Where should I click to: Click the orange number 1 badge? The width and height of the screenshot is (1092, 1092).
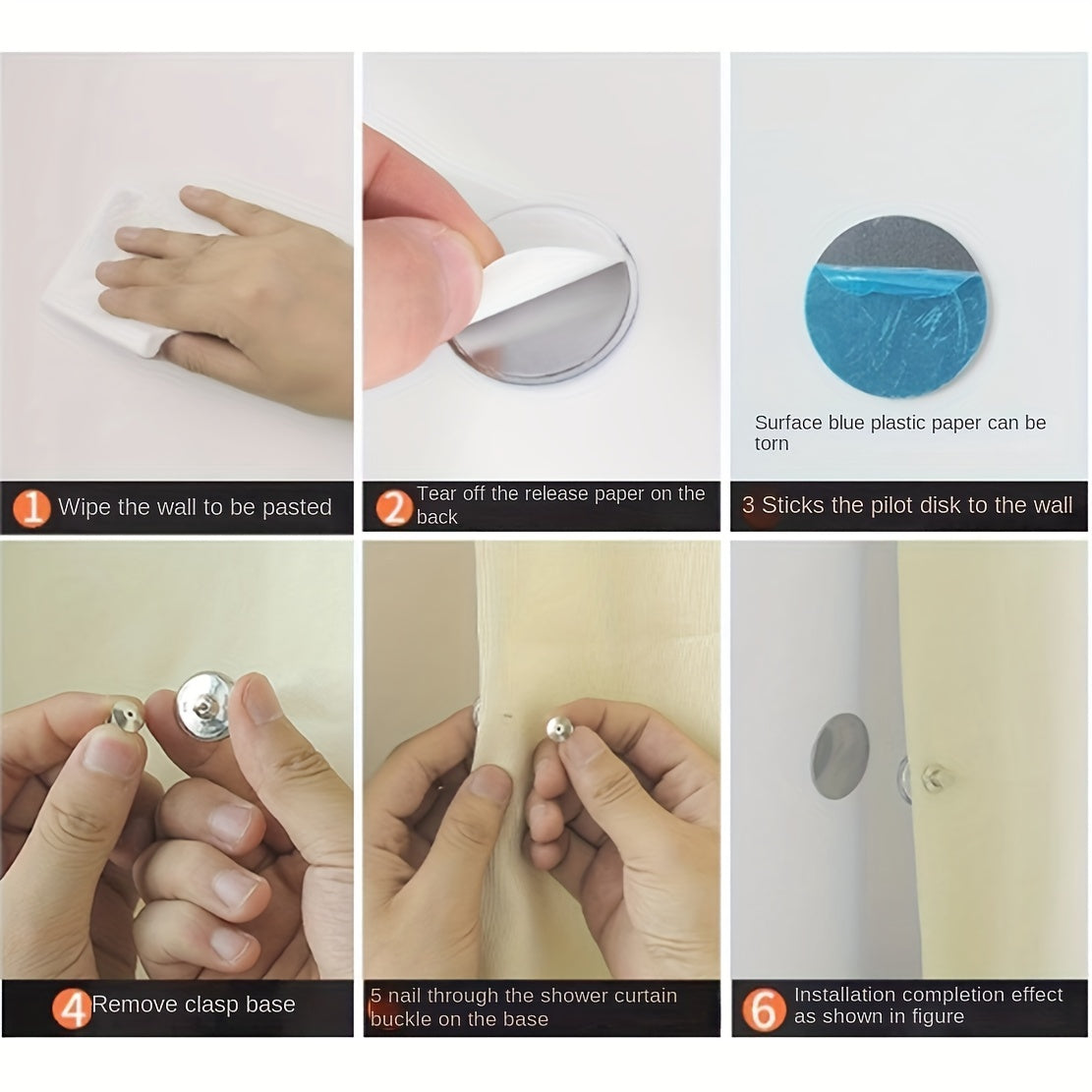[30, 507]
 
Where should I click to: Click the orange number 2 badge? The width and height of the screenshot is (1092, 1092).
[393, 507]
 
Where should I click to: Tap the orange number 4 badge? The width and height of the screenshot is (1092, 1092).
[71, 1007]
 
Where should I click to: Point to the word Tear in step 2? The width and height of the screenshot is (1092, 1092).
[436, 493]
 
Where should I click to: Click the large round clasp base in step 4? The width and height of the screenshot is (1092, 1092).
[204, 706]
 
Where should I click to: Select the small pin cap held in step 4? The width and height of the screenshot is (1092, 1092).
[128, 717]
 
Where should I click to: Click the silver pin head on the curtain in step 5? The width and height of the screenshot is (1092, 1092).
[559, 729]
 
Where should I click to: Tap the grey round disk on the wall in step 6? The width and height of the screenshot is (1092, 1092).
[840, 756]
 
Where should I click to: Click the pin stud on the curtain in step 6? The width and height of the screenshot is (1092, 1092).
[932, 777]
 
